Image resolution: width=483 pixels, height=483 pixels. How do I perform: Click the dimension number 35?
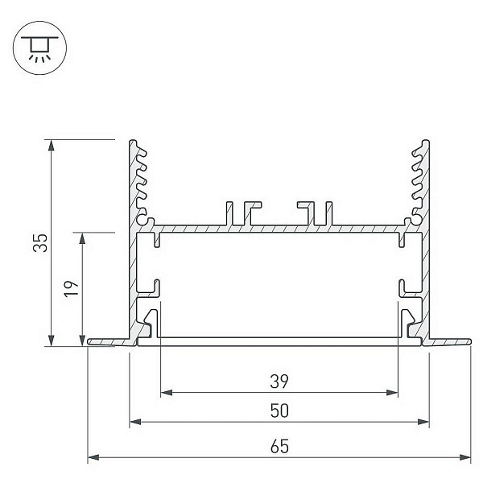coord(40,243)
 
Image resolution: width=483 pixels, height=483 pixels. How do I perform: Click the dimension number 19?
coord(71,289)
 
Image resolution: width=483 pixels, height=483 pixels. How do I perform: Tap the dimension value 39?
coord(279,382)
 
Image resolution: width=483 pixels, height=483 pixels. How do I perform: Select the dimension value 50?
coord(279,411)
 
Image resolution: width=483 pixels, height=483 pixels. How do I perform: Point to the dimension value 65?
coord(279,447)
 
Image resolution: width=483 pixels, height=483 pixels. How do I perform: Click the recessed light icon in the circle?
coord(39,48)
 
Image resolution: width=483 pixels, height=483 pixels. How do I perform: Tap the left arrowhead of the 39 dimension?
coord(167,393)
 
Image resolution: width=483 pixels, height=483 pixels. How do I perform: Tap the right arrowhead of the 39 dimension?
coord(392,393)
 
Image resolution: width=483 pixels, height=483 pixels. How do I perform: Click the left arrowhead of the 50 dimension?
coord(135,422)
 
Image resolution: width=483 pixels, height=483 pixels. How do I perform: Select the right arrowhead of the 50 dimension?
coord(423,422)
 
